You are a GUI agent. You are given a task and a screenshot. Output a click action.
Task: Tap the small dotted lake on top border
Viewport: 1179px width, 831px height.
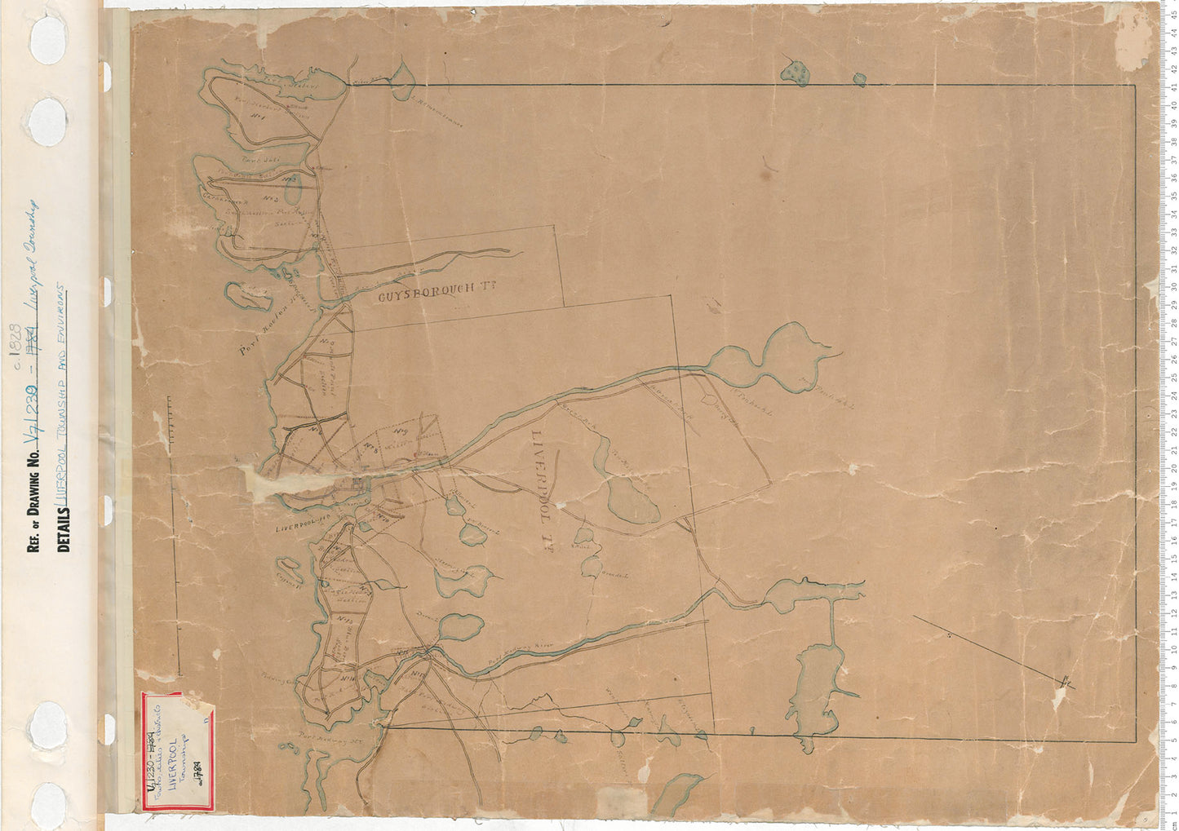796,73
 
